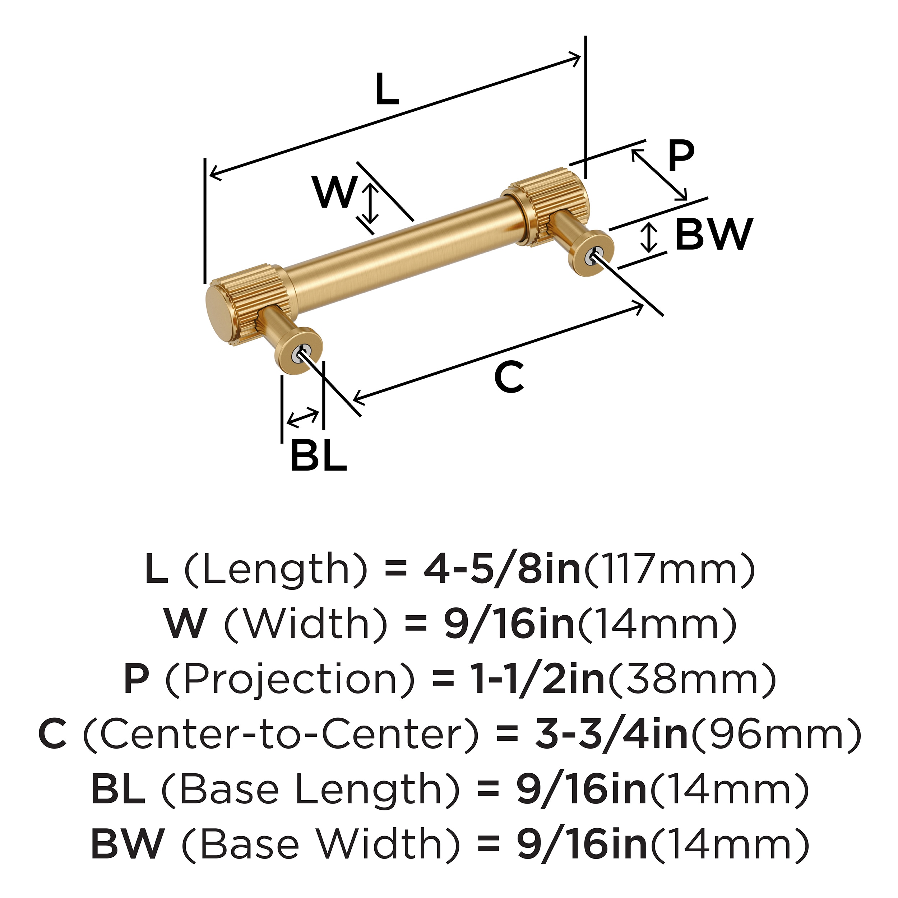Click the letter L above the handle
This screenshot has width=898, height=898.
387,90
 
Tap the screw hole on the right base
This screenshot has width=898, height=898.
594,256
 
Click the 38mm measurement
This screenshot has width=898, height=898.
693,680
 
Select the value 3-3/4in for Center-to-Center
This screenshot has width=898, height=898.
611,735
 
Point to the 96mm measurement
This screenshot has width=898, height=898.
776,735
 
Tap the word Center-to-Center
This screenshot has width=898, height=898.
281,735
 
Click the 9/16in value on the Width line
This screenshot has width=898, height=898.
509,624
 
